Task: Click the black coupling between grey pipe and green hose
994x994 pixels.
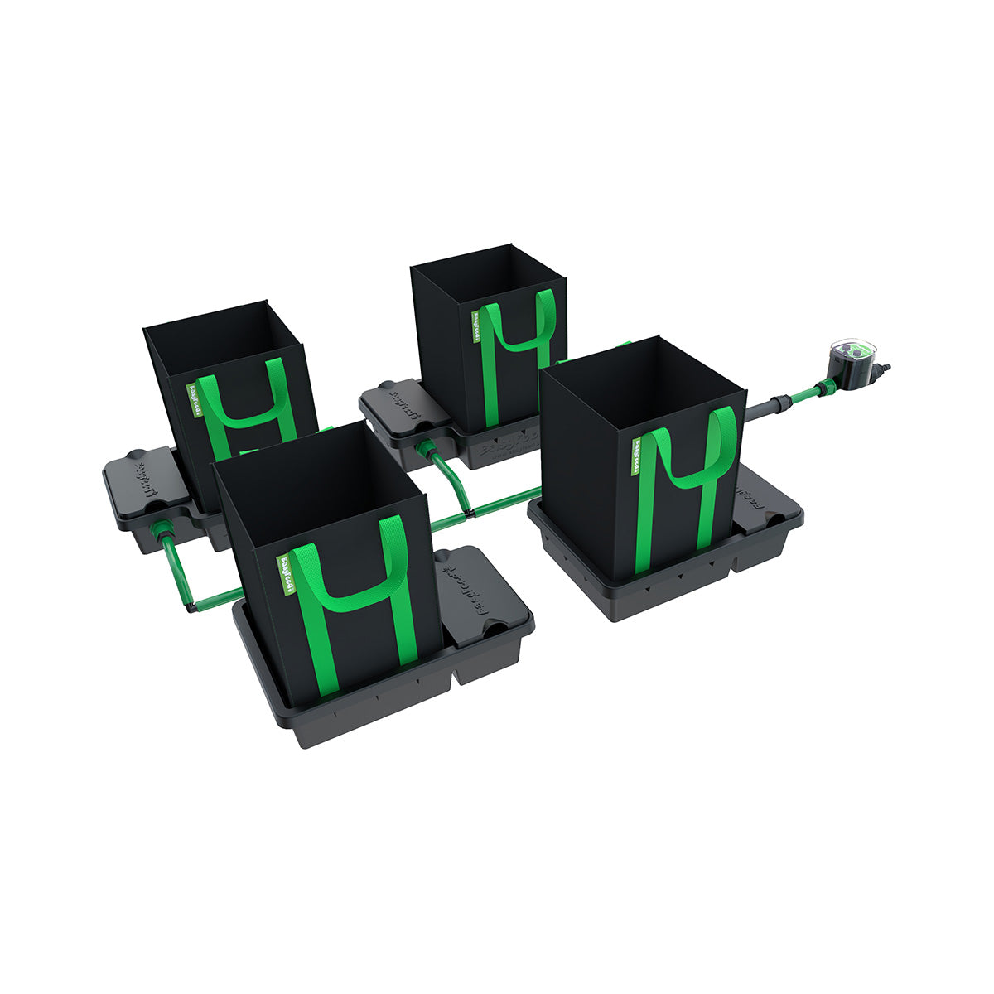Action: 779,403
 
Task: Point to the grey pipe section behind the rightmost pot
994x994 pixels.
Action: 758,409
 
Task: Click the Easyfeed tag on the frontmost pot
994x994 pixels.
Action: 283,571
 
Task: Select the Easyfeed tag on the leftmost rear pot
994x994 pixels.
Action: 191,398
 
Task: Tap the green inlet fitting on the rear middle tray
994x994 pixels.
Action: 427,447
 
